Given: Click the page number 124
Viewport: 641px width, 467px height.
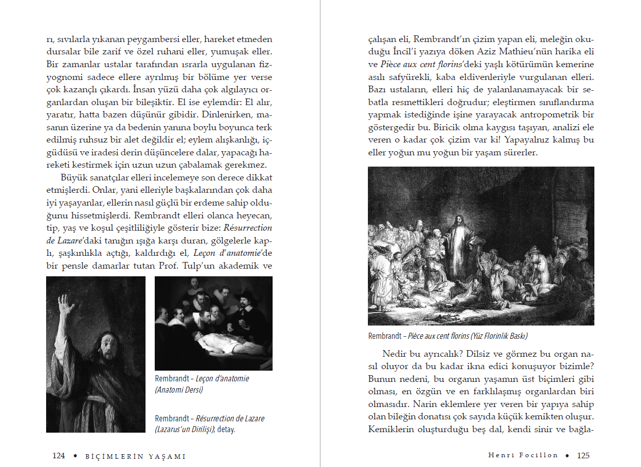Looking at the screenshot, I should point(58,456).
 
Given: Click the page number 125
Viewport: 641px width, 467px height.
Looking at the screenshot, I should point(583,455).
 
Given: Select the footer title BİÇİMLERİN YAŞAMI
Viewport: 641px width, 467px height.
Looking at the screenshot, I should point(135,456).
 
